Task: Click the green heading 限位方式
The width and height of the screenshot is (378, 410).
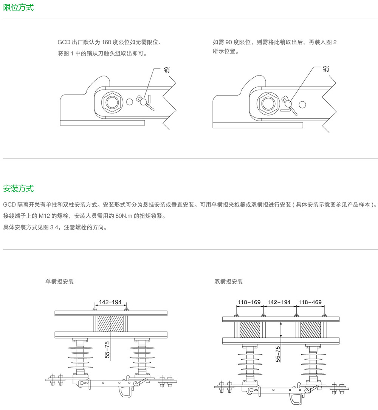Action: (x=19, y=7)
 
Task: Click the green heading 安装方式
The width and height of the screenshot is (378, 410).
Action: (x=19, y=188)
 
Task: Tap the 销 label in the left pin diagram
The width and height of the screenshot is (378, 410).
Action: (x=167, y=70)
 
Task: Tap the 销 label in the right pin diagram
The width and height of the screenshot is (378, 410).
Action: (x=326, y=69)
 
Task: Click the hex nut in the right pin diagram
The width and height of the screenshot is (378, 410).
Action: (x=267, y=102)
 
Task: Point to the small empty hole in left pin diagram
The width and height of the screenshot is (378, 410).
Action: (x=130, y=101)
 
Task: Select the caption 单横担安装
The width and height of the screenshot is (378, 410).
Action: (x=59, y=282)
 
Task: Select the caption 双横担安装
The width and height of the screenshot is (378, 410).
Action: (x=228, y=282)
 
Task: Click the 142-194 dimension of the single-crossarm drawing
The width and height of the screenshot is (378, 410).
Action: (x=110, y=302)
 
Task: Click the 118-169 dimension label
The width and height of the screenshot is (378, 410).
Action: (x=249, y=302)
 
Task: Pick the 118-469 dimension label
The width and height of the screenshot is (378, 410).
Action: (x=310, y=302)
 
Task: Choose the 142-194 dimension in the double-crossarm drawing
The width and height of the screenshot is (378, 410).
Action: (x=279, y=302)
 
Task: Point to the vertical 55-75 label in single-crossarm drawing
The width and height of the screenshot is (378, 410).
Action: (x=107, y=350)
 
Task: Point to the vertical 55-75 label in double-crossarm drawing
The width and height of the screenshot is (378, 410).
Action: (x=278, y=354)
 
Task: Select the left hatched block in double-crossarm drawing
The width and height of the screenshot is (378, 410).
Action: (x=250, y=330)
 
